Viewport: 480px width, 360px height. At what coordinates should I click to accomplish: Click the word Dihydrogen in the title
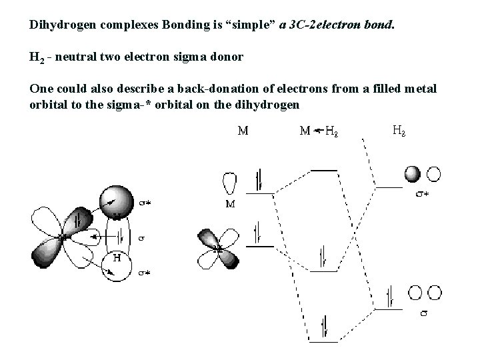point(59,25)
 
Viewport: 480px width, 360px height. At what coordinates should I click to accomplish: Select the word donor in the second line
point(225,57)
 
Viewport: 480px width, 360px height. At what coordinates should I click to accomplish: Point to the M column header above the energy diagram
point(243,131)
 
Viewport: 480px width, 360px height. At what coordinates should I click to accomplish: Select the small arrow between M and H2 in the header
point(318,131)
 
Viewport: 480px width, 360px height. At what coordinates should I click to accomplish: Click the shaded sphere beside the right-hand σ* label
point(413,174)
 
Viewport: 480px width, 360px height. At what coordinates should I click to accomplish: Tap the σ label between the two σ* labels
point(141,237)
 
